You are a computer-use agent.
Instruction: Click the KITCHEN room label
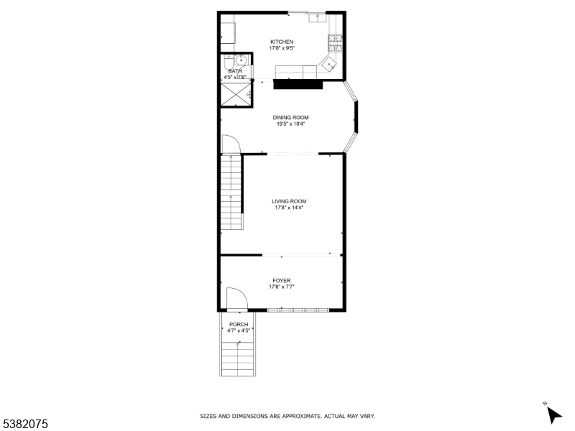tap(282, 42)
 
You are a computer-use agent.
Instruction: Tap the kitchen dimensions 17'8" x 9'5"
tap(282, 48)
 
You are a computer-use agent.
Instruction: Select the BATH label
tap(235, 71)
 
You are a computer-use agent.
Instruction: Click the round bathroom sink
tap(241, 60)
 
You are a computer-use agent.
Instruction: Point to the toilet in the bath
tap(227, 61)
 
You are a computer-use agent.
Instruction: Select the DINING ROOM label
tap(290, 117)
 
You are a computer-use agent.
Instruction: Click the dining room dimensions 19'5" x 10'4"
tap(290, 124)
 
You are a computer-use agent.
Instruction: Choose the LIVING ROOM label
tap(289, 201)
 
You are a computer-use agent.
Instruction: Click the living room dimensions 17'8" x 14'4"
tap(289, 208)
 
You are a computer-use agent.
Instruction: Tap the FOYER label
tap(282, 280)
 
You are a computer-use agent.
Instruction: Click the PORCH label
tap(239, 324)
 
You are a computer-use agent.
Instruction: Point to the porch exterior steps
tap(238, 356)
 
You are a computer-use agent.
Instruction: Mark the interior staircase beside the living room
tap(231, 194)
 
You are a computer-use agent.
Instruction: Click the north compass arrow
tap(553, 414)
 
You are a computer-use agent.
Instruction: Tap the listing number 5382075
tap(24, 425)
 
